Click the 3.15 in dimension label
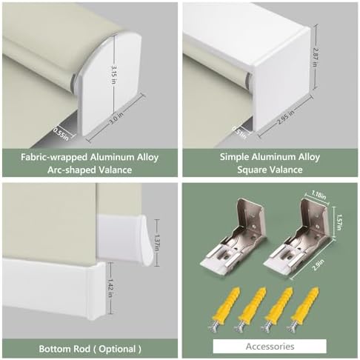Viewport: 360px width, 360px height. tap(113, 75)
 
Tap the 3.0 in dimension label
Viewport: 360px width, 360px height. tap(116, 117)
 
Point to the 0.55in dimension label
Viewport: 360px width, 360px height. tap(60, 133)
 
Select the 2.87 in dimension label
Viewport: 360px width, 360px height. tap(315, 57)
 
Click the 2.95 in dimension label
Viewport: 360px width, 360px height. tap(286, 117)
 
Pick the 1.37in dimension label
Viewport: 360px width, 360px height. tap(156, 242)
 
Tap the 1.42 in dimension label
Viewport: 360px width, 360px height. tap(111, 288)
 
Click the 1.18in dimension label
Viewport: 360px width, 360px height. tap(319, 195)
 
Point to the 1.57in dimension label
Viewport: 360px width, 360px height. tap(339, 222)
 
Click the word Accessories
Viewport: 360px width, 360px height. tap(270, 346)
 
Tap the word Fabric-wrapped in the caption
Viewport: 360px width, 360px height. tap(54, 157)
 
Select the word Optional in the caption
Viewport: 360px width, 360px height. tap(117, 349)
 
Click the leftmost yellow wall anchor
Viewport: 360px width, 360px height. tap(224, 309)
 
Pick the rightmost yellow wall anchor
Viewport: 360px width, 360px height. tap(302, 309)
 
